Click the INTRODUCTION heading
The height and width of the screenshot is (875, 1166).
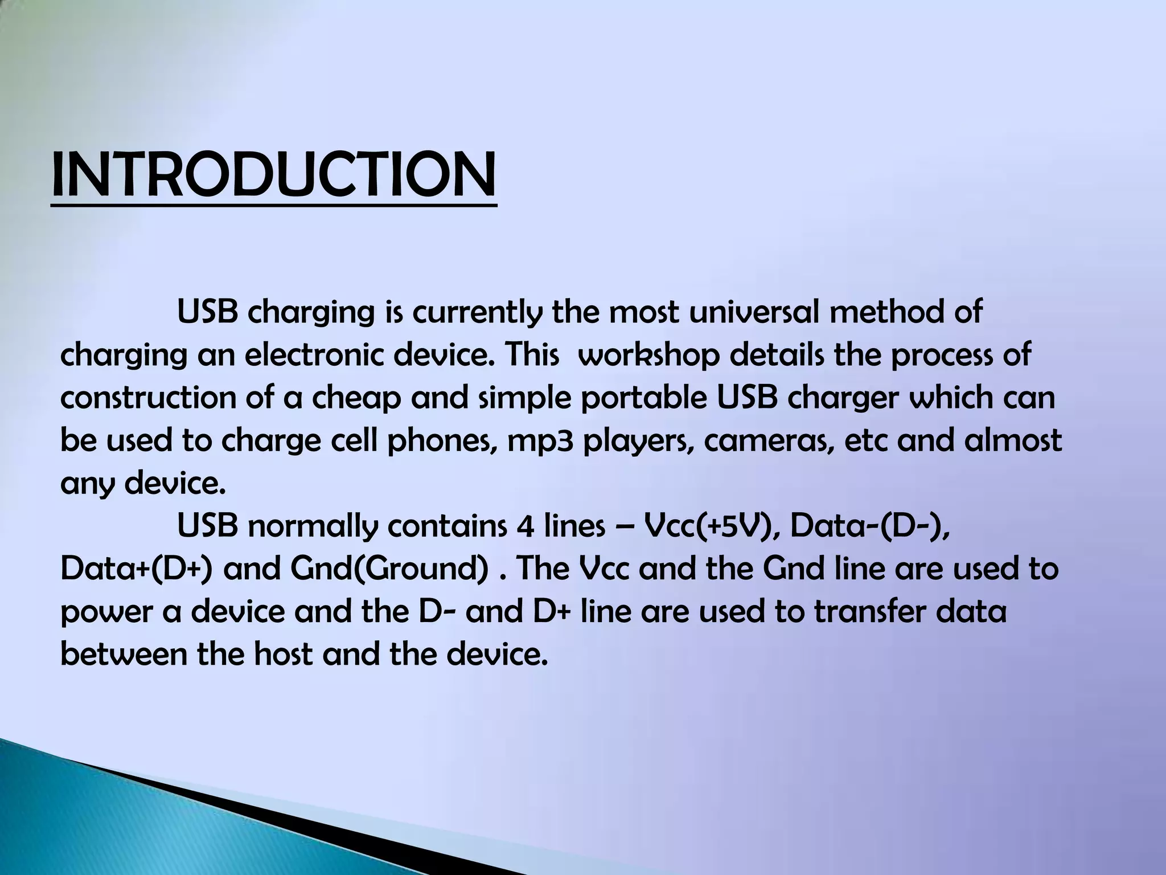[x=273, y=174]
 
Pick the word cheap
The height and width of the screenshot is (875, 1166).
[x=356, y=398]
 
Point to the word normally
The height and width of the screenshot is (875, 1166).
[x=313, y=526]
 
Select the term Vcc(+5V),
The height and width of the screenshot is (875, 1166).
[x=708, y=526]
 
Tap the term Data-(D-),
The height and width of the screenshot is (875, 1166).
[x=871, y=526]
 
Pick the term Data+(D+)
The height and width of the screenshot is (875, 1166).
[x=137, y=569]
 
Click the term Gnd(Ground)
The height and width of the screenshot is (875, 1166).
[x=388, y=569]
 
